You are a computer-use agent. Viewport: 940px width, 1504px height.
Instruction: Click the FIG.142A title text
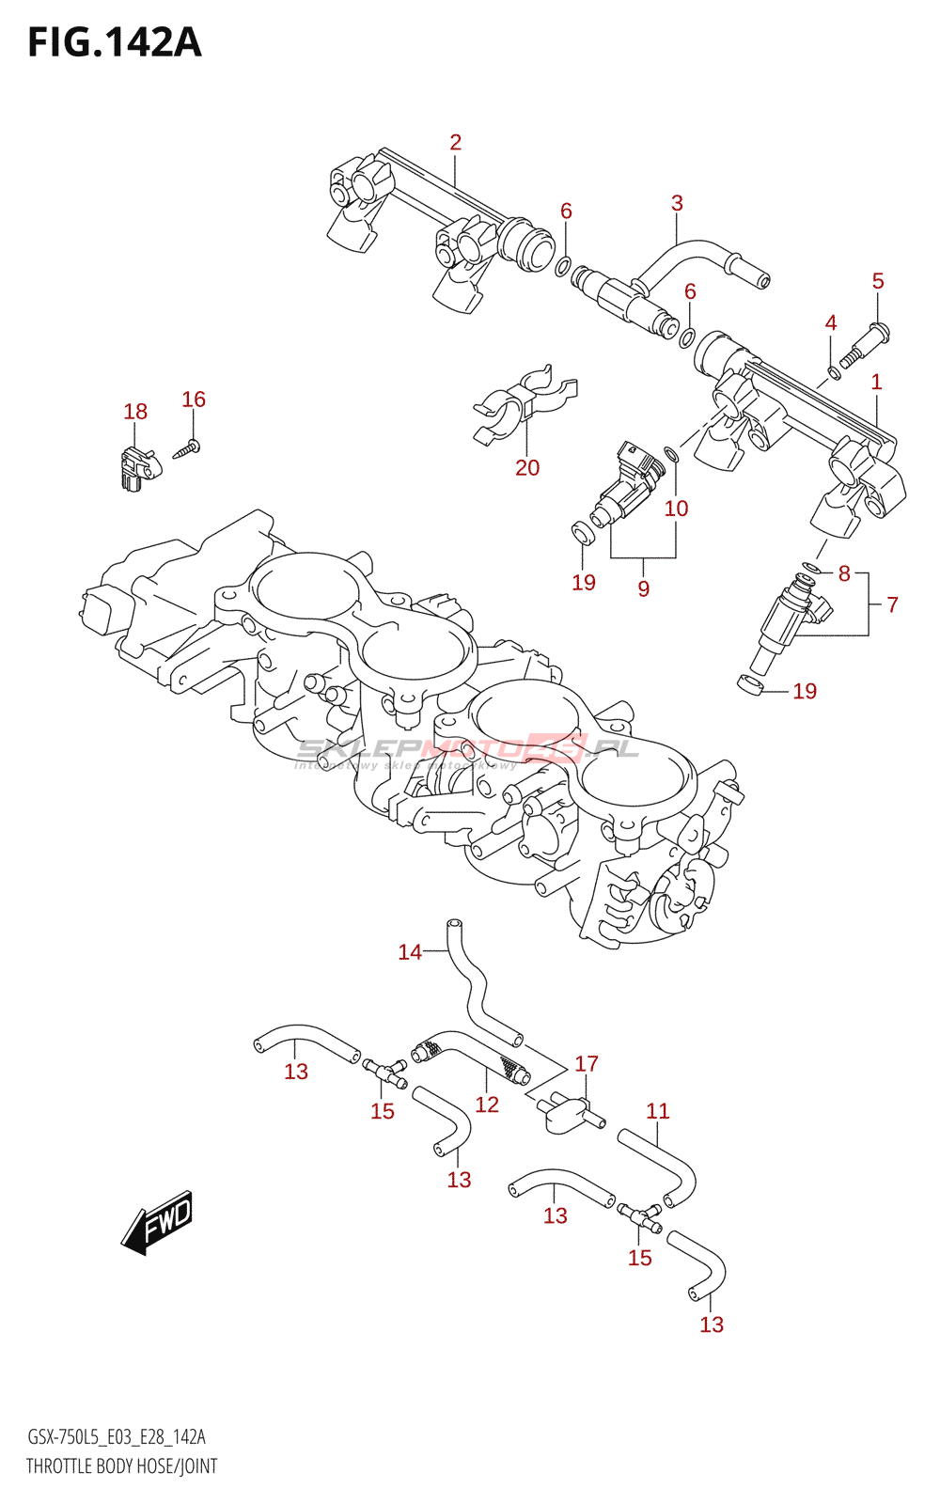115,42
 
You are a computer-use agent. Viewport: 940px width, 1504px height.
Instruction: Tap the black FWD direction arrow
158,1225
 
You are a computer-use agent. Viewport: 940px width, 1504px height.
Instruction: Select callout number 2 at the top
455,142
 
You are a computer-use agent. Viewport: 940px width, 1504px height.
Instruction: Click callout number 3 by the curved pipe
677,203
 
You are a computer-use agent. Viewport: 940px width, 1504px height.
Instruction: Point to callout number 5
878,281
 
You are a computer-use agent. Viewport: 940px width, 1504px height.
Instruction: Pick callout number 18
135,411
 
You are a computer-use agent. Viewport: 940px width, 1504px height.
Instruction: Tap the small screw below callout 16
186,449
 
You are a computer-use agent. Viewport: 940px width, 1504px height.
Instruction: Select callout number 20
527,467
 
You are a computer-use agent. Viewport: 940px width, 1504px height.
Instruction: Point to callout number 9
643,588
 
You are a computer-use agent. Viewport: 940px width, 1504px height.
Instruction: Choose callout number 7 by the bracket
892,604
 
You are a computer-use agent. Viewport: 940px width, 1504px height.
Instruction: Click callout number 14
410,952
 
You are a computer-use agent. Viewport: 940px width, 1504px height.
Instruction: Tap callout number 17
587,1063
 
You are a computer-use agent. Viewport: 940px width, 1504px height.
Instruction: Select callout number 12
487,1104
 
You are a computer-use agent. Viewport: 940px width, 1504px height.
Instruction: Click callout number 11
658,1111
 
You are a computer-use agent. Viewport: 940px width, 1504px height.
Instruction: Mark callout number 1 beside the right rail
876,382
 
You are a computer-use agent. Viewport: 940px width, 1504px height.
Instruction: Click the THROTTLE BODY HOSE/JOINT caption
122,1465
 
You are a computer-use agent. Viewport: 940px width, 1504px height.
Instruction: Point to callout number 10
676,509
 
